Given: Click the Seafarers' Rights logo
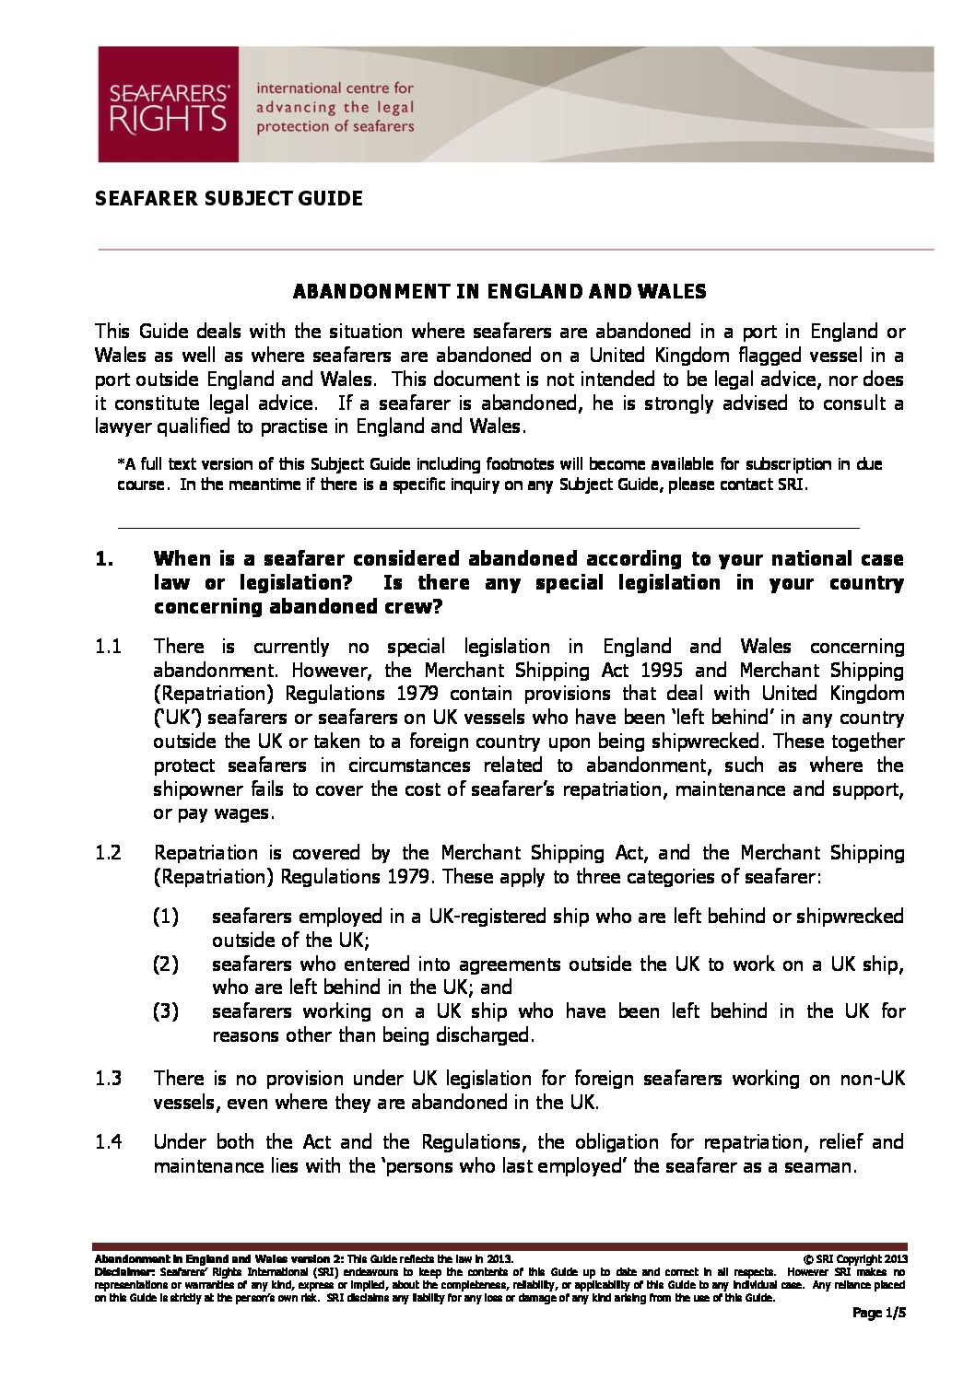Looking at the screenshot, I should pyautogui.click(x=169, y=105).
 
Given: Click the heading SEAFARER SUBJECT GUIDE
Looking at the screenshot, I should pyautogui.click(x=229, y=198).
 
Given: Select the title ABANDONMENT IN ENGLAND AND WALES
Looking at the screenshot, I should pyautogui.click(x=499, y=292).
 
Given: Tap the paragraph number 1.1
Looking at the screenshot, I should pyautogui.click(x=109, y=647).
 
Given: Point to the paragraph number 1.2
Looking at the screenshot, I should pyautogui.click(x=109, y=853).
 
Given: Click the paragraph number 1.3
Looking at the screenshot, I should pyautogui.click(x=109, y=1078).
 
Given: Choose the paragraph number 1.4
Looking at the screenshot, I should pyautogui.click(x=109, y=1142).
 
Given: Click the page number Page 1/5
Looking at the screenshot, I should pyautogui.click(x=880, y=1315).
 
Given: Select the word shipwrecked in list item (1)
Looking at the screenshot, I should pyautogui.click(x=849, y=917).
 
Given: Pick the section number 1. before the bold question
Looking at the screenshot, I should pyautogui.click(x=104, y=558).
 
